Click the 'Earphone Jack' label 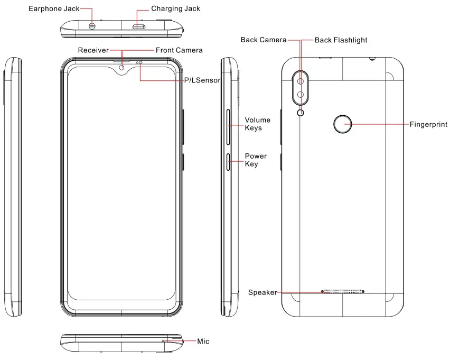53,9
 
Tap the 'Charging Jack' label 175,9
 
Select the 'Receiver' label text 93,50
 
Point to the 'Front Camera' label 179,50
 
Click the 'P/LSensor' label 202,80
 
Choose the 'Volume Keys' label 257,124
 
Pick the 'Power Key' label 256,160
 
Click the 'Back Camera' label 264,40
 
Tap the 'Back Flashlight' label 341,40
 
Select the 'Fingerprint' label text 428,125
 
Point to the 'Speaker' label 262,292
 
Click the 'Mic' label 203,341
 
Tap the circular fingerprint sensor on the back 343,125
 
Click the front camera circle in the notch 123,67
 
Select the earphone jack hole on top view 92,26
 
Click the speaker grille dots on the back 343,291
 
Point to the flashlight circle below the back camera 301,112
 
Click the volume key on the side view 228,127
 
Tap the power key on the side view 228,162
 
